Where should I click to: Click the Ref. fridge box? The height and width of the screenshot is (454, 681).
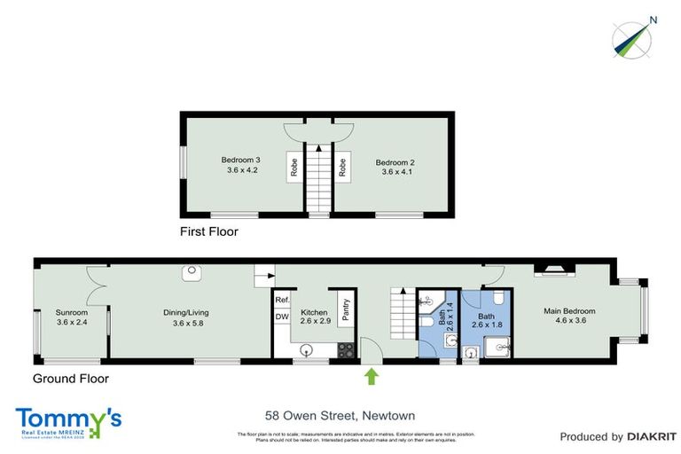(x=281, y=301)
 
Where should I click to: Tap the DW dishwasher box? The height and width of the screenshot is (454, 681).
(x=281, y=317)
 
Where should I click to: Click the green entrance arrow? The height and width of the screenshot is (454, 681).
(x=372, y=378)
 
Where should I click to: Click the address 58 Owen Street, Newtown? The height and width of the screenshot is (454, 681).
(x=340, y=415)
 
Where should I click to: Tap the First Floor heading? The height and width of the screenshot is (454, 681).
(x=208, y=231)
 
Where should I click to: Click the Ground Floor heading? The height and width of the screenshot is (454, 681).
(x=70, y=379)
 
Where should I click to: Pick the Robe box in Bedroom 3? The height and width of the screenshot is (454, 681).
(x=294, y=168)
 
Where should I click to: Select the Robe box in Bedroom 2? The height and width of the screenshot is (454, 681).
(x=341, y=168)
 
